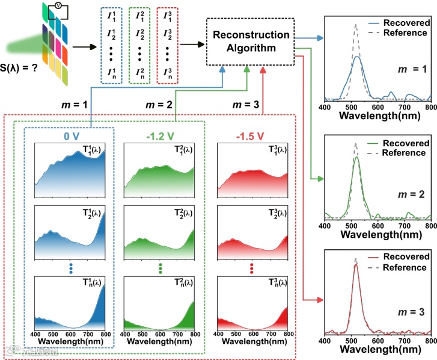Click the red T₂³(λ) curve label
click(x=272, y=214)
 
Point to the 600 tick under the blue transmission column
click(x=71, y=335)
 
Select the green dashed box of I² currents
click(x=139, y=45)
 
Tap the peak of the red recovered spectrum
click(x=356, y=265)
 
